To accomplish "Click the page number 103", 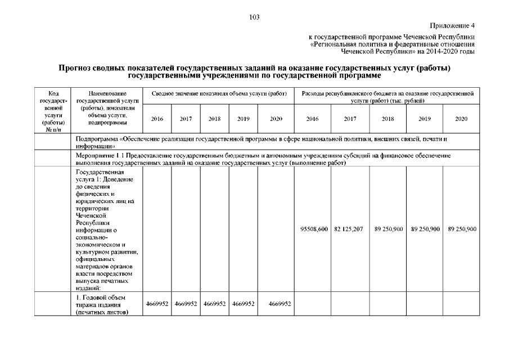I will pyautogui.click(x=254, y=17).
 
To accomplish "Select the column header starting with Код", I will pyautogui.click(x=52, y=107).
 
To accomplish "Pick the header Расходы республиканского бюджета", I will pyautogui.click(x=387, y=96).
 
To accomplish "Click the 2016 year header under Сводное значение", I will pyautogui.click(x=157, y=119).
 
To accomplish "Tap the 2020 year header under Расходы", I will pyautogui.click(x=461, y=119).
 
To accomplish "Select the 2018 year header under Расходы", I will pyautogui.click(x=388, y=119).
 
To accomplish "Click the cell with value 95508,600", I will pyautogui.click(x=313, y=229).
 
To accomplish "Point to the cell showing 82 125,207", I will pyautogui.click(x=350, y=229).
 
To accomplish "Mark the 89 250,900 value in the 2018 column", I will pyautogui.click(x=388, y=229).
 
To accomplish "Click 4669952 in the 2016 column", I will pyautogui.click(x=157, y=304).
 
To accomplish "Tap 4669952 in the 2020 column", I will pyautogui.click(x=280, y=304).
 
